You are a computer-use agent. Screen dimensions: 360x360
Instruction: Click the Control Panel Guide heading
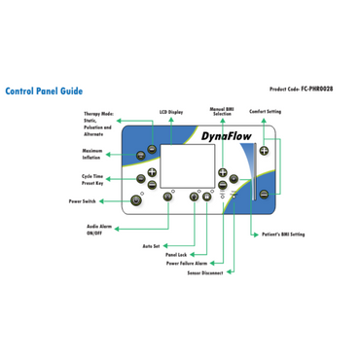44,94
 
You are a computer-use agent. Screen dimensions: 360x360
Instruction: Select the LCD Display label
171,112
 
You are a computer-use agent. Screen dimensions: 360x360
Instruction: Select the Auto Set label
150,246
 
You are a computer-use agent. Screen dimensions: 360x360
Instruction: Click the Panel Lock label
175,255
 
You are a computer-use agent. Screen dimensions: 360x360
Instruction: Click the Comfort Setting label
266,112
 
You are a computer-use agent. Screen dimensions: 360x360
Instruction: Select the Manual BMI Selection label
222,113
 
